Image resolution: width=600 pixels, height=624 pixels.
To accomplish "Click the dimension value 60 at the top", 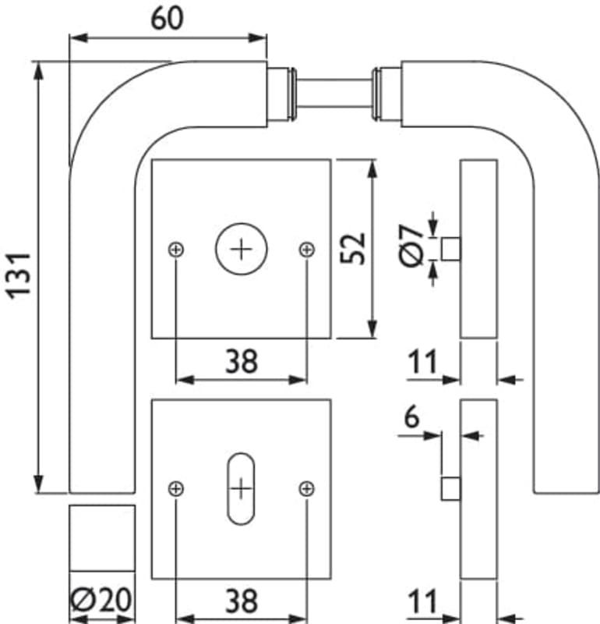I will click(168, 17).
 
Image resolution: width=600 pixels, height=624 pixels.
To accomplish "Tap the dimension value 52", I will click(353, 248).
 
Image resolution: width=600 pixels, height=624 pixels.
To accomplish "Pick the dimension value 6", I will click(411, 417).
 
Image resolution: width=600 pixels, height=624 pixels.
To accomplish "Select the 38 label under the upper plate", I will click(241, 361).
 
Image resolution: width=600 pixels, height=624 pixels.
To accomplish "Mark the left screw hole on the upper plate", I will click(177, 249).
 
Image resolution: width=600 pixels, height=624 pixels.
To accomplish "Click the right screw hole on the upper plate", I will click(307, 249).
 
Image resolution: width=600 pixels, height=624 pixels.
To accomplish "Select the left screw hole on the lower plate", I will click(177, 488).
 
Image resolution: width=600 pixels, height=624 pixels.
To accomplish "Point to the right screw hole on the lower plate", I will click(307, 488).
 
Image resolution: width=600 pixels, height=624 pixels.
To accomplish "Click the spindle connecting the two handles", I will click(334, 94).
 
